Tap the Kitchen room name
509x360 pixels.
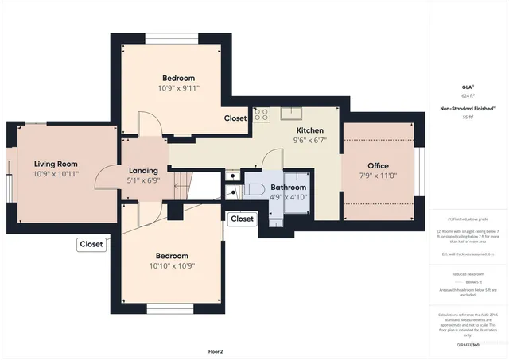[x=309, y=130]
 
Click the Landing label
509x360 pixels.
[x=143, y=170]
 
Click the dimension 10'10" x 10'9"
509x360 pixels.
[x=172, y=266]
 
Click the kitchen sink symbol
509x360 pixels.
[x=295, y=111]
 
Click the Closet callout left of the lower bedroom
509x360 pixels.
[x=91, y=245]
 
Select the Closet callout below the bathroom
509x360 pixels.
[x=242, y=219]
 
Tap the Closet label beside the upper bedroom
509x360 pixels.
[x=235, y=118]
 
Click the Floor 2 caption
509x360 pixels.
[x=216, y=350]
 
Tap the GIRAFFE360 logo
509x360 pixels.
[x=467, y=346]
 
